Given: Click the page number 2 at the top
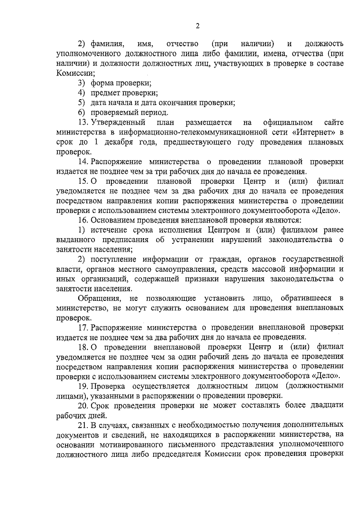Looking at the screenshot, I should pos(197,26).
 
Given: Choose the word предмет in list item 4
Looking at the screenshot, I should pos(106,93).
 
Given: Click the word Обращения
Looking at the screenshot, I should pos(100,298).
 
